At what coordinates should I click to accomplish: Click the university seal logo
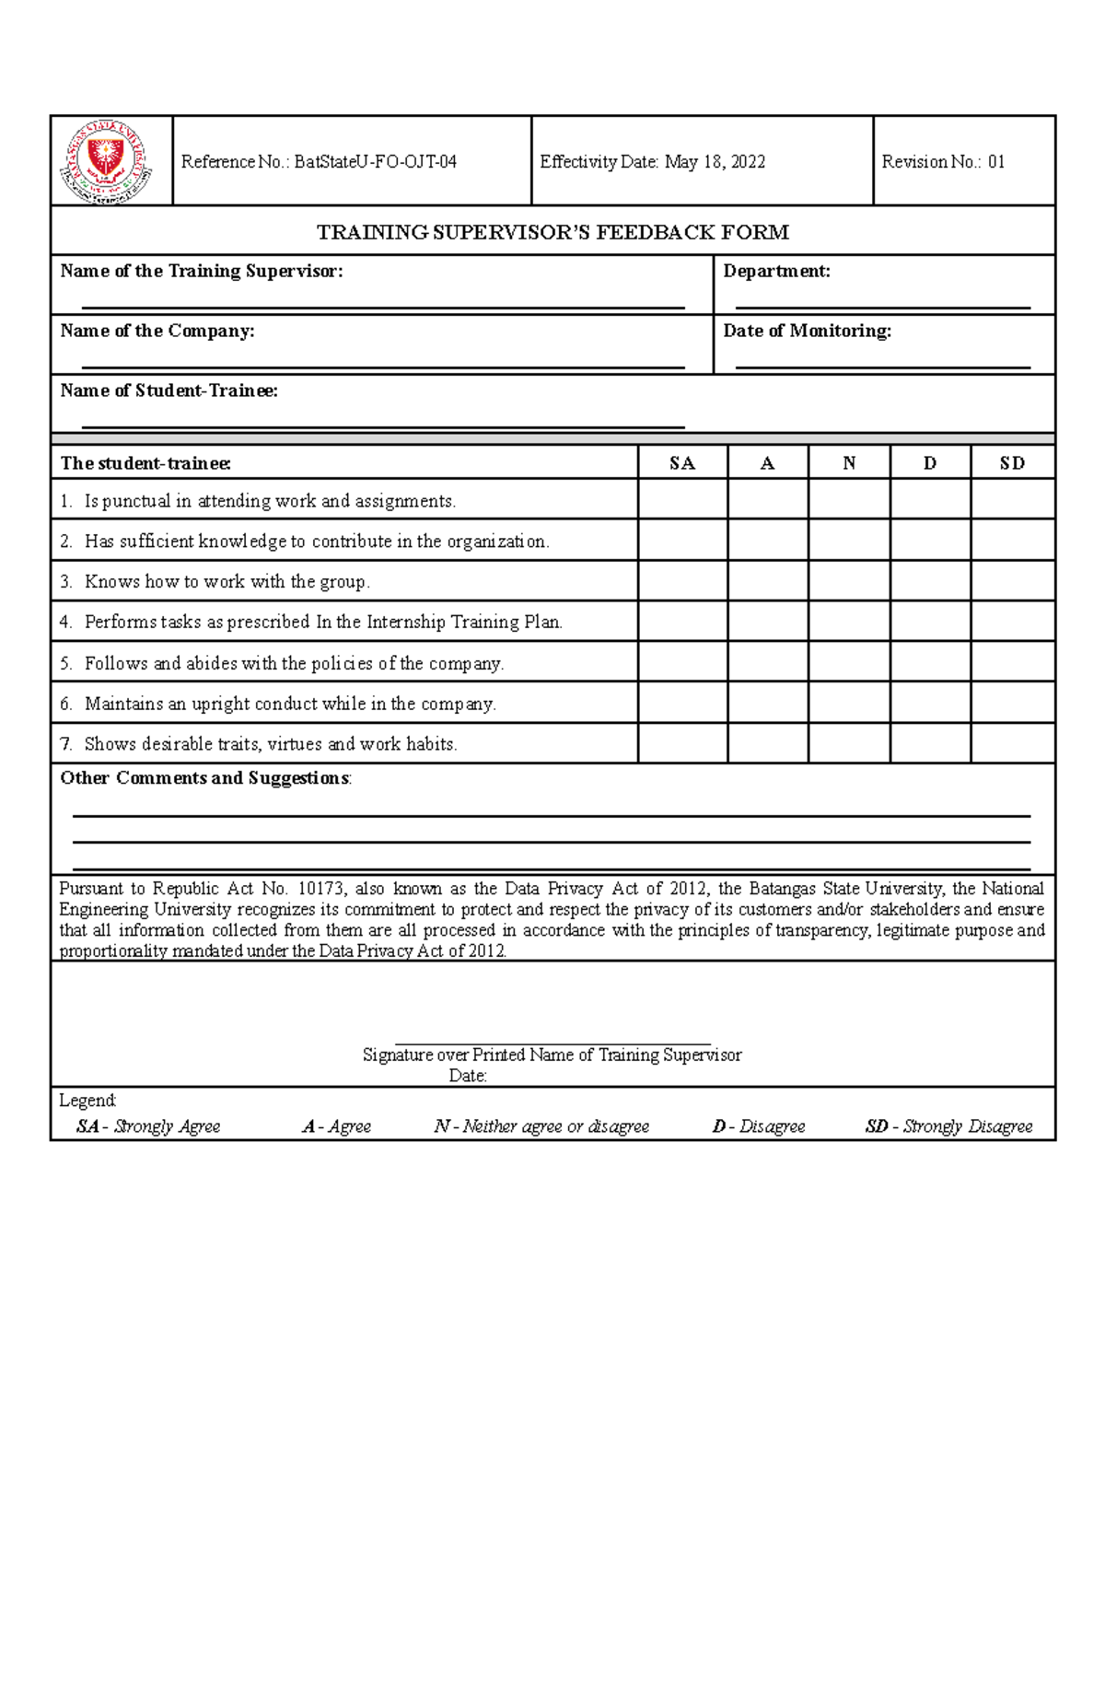[107, 161]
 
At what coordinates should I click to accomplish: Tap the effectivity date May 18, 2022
[715, 162]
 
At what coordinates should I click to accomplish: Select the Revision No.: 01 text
[943, 162]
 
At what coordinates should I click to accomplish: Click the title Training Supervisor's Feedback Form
[552, 232]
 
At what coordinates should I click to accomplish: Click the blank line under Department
[882, 307]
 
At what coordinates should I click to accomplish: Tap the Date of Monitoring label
[807, 331]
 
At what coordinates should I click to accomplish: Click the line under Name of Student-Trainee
[383, 426]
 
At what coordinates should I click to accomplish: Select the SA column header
[682, 463]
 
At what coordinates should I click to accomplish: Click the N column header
[849, 463]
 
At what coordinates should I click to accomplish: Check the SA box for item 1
[682, 500]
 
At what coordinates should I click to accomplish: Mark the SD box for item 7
[1012, 743]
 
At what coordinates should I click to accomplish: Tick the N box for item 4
[849, 622]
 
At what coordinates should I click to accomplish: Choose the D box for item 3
[930, 581]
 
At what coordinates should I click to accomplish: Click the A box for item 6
[768, 703]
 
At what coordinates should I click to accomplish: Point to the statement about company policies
[294, 663]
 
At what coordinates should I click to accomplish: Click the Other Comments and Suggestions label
[204, 778]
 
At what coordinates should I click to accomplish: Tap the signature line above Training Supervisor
[552, 1043]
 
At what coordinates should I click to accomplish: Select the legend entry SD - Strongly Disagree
[948, 1126]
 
